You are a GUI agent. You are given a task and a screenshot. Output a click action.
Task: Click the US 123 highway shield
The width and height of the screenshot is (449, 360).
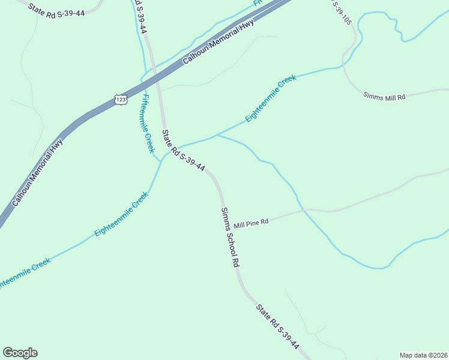click(x=121, y=100)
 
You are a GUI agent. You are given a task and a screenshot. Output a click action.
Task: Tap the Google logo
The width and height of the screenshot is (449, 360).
click(x=20, y=353)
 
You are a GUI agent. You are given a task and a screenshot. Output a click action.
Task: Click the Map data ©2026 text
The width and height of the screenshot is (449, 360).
click(x=423, y=355)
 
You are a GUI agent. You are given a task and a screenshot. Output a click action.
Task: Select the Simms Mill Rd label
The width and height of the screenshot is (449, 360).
click(x=385, y=96)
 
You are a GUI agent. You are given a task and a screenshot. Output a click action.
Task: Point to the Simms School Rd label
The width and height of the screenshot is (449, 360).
click(x=230, y=237)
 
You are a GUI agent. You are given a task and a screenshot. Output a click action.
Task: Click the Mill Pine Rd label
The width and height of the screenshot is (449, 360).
click(x=251, y=223)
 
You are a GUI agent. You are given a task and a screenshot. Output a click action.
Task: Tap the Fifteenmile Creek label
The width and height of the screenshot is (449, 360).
click(x=148, y=123)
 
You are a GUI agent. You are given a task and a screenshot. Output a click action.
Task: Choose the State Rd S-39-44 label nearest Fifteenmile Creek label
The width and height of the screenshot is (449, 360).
click(x=184, y=151)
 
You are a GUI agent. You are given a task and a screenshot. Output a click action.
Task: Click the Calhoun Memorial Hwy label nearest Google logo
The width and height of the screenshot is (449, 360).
click(x=37, y=173)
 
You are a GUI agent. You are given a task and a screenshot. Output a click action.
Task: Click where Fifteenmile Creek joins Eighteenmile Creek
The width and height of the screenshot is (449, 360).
click(x=160, y=161)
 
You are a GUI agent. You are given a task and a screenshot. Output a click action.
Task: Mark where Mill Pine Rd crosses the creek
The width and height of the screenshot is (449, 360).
click(x=304, y=210)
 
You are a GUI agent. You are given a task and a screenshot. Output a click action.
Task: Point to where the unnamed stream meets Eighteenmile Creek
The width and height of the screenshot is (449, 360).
click(x=217, y=136)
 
